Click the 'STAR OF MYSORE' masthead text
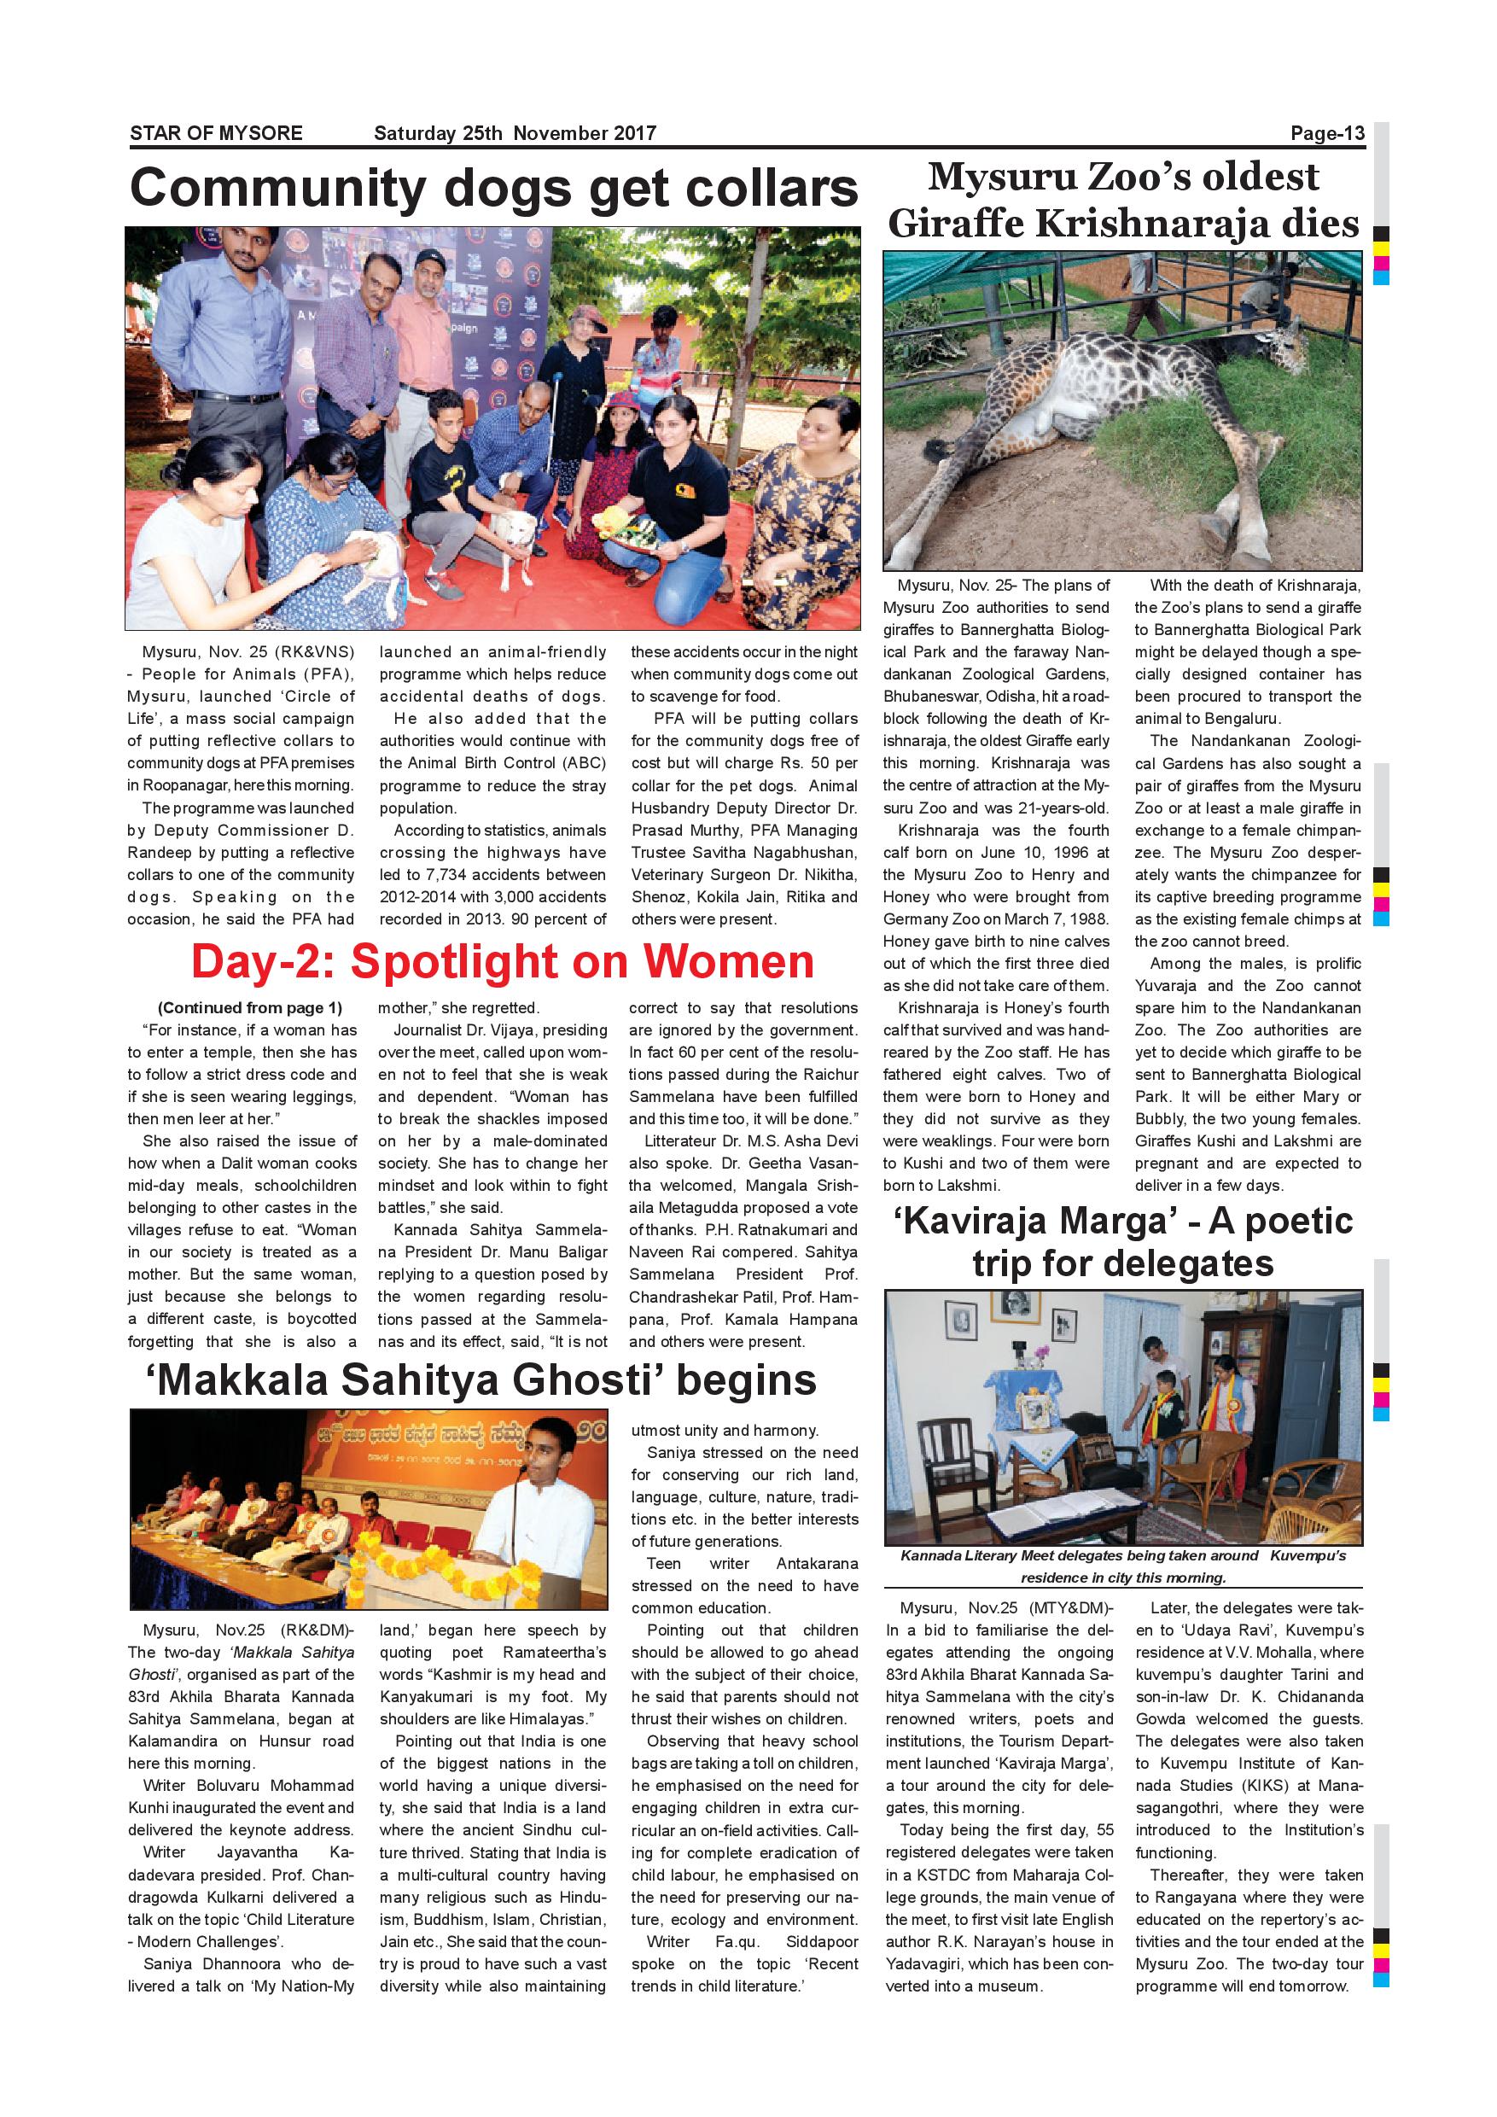click(x=216, y=133)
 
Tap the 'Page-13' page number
click(x=1326, y=133)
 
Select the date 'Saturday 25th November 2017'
click(x=515, y=133)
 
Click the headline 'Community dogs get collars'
click(x=494, y=188)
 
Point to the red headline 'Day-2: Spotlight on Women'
click(x=503, y=962)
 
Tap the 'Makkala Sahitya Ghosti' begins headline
click(x=481, y=1380)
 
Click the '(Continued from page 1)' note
click(x=249, y=1008)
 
